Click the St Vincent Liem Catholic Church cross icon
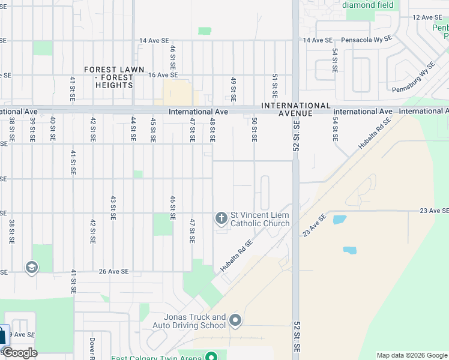(221, 218)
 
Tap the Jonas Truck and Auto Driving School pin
(235, 321)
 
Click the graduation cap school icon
(32, 267)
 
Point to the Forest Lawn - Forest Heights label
(114, 77)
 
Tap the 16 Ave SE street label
(163, 75)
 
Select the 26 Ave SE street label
(113, 271)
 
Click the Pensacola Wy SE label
(366, 40)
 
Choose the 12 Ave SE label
(427, 17)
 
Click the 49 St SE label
(234, 88)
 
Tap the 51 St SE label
(274, 86)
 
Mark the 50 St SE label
(255, 130)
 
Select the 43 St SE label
(113, 208)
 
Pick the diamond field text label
(369, 5)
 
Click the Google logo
(20, 353)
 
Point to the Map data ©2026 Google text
(412, 355)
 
